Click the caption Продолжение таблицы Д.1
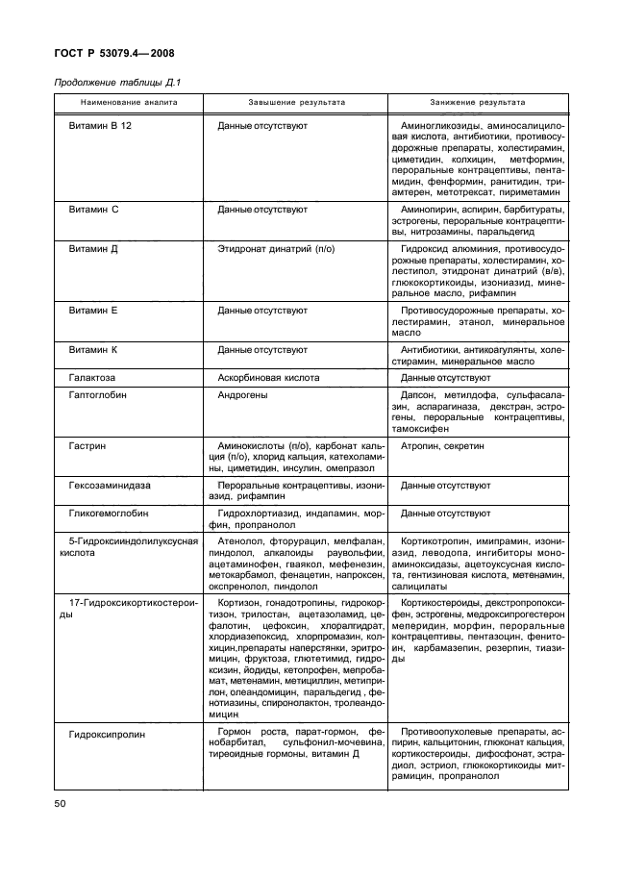[110, 83]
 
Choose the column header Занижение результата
[478, 102]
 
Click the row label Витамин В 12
[99, 127]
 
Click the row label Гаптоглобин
[98, 395]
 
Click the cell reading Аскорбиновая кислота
[268, 378]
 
